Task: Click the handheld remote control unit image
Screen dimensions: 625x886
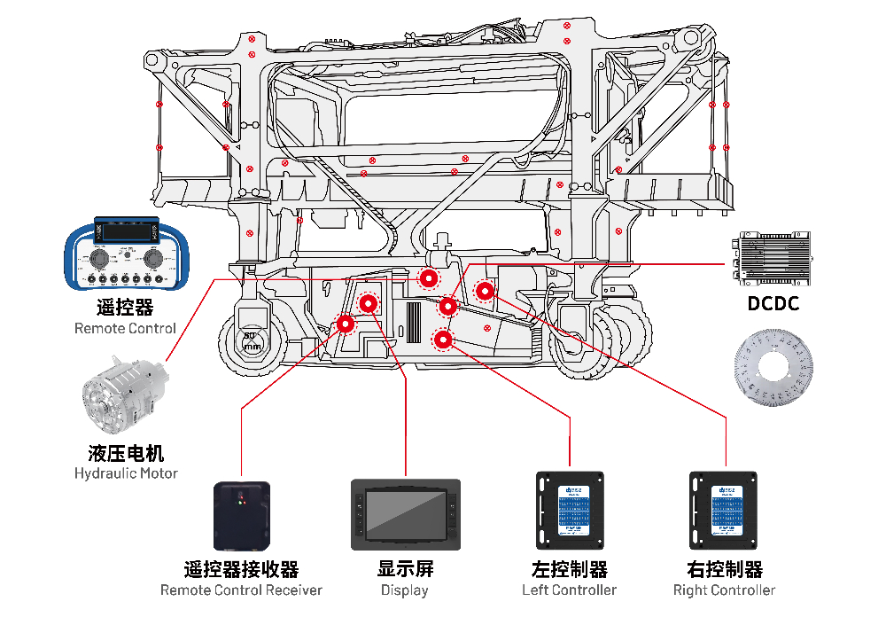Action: (x=124, y=254)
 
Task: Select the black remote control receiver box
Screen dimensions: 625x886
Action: (x=241, y=514)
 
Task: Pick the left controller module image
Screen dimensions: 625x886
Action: (x=570, y=511)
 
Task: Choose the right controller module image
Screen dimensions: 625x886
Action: (x=726, y=511)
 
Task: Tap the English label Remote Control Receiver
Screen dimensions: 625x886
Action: (x=241, y=590)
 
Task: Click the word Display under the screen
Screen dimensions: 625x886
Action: (x=405, y=590)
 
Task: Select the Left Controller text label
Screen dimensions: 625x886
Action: (x=570, y=590)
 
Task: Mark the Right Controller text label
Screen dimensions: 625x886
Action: (x=724, y=590)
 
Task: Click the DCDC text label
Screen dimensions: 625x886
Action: (x=773, y=304)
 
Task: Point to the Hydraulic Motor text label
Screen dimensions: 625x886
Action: (x=126, y=473)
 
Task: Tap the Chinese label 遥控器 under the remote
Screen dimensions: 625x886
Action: (x=125, y=308)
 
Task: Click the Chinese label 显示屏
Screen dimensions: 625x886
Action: (x=405, y=568)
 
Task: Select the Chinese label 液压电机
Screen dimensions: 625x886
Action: (x=126, y=453)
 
